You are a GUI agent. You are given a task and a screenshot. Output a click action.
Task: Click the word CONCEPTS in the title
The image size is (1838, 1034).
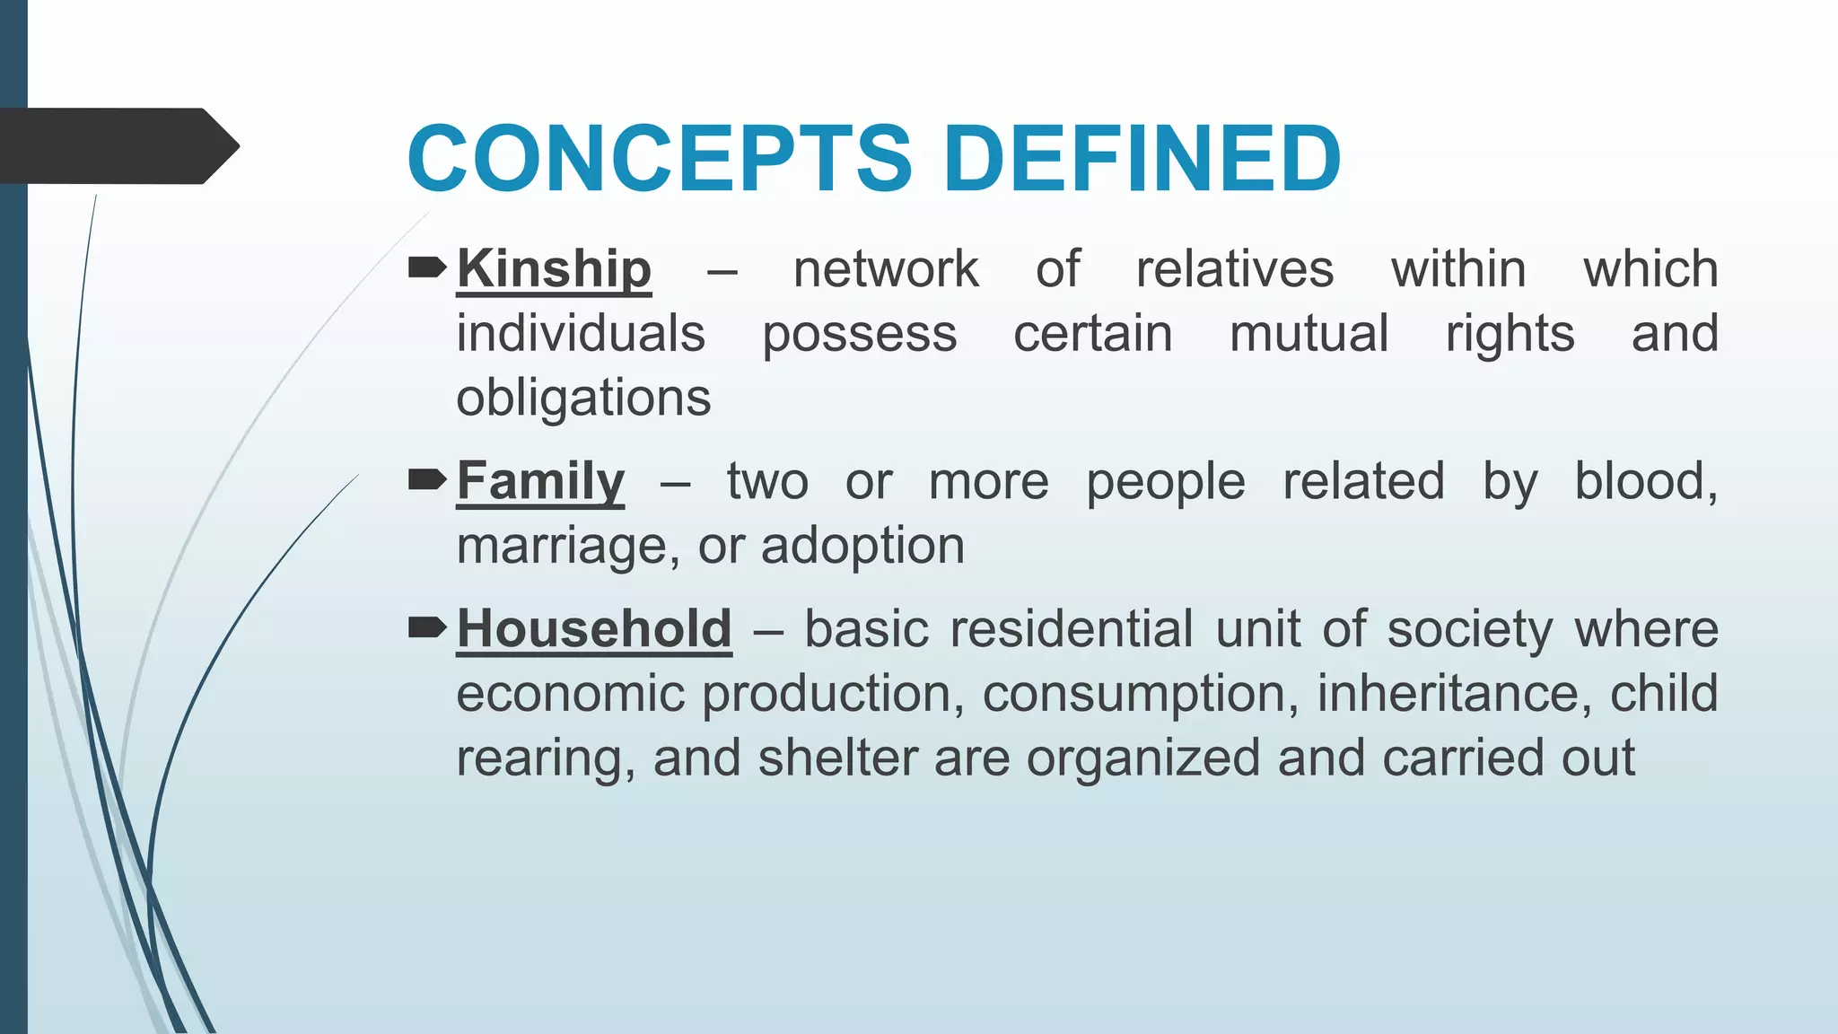pos(660,159)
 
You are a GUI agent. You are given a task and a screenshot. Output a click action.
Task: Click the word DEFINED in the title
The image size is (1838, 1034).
pos(1142,159)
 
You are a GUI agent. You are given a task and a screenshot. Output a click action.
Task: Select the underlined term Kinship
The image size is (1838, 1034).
pos(554,269)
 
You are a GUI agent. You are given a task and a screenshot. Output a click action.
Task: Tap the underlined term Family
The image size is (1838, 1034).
pos(540,482)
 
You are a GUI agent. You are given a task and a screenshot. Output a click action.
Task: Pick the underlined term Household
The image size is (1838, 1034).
pos(594,629)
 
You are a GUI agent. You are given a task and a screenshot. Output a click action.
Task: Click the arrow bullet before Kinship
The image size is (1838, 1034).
pos(427,267)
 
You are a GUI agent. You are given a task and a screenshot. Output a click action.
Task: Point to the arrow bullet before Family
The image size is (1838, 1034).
pos(427,480)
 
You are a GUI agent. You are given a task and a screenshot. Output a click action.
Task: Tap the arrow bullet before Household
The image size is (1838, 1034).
pos(427,627)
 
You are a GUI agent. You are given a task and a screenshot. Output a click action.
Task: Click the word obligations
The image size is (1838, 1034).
pos(583,399)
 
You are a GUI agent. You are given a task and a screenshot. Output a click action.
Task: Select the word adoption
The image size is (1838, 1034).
pos(862,547)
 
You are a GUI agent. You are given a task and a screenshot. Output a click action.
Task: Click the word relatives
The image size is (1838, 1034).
pos(1235,269)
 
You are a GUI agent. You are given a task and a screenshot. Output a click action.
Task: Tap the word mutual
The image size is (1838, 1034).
pos(1308,334)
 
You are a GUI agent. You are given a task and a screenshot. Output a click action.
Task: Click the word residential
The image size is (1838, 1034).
pos(1072,629)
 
